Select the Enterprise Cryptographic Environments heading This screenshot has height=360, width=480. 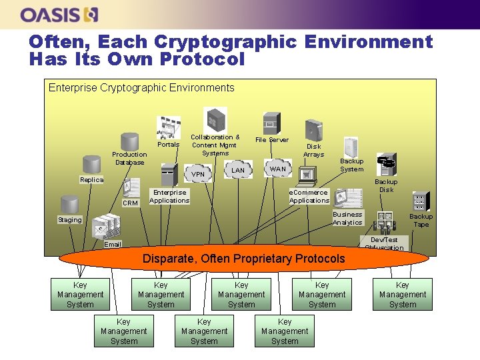141,88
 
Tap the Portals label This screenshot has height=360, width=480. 169,145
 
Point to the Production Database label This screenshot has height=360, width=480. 129,158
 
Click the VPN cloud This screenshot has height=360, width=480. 198,175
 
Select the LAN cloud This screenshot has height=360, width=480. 238,171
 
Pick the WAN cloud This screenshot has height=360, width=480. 278,169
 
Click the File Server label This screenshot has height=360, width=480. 272,140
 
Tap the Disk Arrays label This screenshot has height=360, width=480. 313,150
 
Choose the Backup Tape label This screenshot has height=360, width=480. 421,220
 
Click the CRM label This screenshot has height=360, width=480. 130,203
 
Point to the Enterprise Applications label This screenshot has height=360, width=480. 169,196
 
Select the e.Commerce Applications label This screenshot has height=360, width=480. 309,196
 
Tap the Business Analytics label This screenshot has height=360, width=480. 347,218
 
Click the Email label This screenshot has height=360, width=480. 113,245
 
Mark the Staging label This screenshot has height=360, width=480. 70,219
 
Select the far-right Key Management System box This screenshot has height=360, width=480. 403,295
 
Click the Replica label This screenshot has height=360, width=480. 92,180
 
